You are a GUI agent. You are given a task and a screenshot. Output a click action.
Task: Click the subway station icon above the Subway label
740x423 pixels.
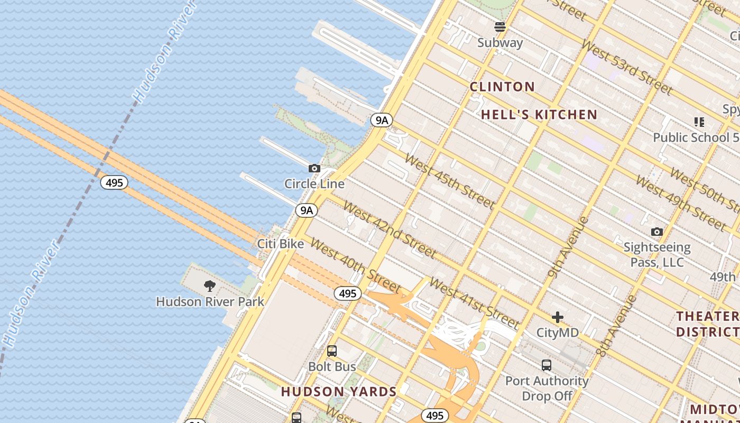[x=500, y=27]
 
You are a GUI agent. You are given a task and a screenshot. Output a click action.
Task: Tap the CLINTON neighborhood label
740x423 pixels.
[x=502, y=87]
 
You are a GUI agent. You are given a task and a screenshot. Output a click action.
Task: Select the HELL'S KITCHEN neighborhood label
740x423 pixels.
[x=539, y=115]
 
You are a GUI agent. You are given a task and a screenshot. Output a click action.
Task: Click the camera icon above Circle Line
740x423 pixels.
[x=314, y=169]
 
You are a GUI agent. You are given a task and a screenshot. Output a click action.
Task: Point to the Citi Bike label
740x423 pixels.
[x=280, y=244]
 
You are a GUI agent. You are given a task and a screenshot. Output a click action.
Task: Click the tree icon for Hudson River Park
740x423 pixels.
[x=210, y=287]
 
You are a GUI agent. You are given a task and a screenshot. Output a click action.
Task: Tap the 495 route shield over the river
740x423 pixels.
[x=114, y=183]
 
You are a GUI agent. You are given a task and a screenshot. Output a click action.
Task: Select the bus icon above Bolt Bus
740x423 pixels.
[x=332, y=351]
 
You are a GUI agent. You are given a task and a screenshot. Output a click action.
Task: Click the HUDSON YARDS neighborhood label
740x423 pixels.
[x=339, y=392]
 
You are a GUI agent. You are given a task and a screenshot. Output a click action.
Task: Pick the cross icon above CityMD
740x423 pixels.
[x=558, y=317]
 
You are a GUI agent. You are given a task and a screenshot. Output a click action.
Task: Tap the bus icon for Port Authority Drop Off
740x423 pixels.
[x=547, y=365]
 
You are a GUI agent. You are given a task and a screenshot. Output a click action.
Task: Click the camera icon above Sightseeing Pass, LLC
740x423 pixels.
[x=657, y=232]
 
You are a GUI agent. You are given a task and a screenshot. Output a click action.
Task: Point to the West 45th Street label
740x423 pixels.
[x=449, y=181]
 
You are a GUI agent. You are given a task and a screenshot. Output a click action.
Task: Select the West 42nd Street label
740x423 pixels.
[x=390, y=229]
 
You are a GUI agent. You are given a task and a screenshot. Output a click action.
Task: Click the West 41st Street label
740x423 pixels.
[x=474, y=302]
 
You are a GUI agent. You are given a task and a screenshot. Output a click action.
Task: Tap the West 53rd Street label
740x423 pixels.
[x=626, y=67]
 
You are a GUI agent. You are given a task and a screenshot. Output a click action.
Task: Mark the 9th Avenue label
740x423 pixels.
[x=568, y=246]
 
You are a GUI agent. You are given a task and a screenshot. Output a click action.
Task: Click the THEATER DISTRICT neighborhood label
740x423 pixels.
[x=707, y=324]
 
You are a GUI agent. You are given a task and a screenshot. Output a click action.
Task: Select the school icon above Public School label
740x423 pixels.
[x=699, y=123]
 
